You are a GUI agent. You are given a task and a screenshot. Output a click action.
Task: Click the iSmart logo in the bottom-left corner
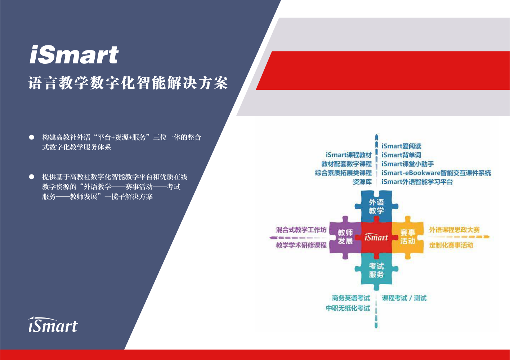click(53, 324)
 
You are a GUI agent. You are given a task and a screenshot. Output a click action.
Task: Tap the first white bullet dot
click(32, 137)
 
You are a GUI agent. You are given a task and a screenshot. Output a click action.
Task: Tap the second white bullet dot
click(32, 177)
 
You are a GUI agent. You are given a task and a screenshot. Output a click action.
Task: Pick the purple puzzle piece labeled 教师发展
click(345, 237)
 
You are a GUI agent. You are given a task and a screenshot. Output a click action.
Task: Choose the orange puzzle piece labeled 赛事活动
click(408, 237)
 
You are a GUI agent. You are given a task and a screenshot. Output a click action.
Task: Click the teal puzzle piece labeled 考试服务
click(376, 270)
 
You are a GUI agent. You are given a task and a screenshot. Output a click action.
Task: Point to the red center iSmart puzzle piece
click(376, 237)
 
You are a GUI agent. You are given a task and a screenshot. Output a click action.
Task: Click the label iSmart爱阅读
click(401, 146)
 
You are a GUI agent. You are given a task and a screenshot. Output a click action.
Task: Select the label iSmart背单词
click(401, 155)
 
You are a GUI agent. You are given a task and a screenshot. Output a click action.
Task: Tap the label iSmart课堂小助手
click(408, 164)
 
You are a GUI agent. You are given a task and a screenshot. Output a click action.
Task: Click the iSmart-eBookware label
click(436, 173)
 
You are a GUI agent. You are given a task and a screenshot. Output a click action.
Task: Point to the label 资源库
click(362, 182)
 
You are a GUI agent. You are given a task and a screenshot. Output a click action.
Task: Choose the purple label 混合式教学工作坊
click(301, 230)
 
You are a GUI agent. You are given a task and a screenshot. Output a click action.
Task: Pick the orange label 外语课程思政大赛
click(455, 230)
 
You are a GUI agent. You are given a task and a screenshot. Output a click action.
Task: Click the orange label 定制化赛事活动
click(451, 245)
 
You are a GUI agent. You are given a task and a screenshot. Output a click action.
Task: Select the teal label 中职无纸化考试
click(348, 308)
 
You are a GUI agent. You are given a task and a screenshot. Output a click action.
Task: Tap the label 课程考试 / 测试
click(404, 298)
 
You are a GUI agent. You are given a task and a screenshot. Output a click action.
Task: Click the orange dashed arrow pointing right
click(459, 237)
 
